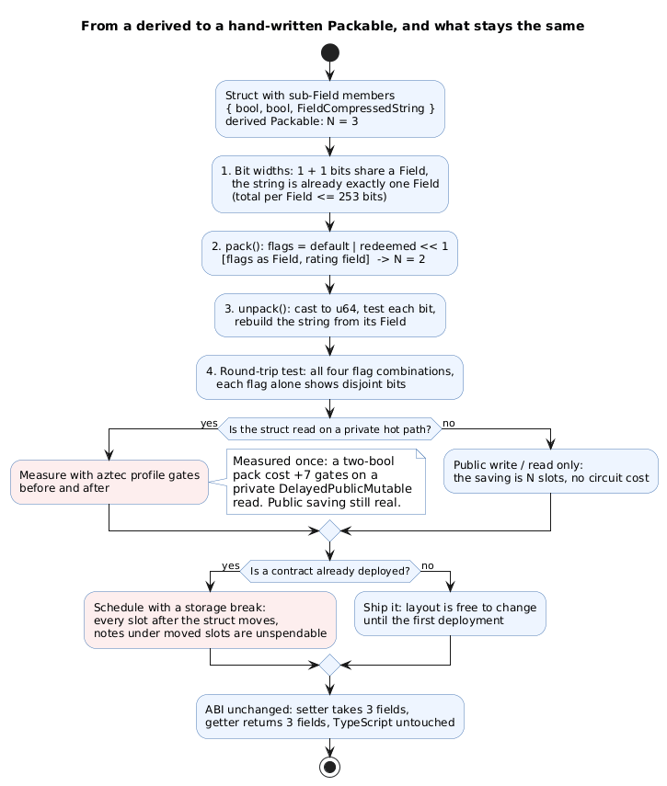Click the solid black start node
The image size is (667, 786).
(330, 52)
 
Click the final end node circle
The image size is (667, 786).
(330, 767)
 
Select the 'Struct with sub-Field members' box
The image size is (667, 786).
(330, 108)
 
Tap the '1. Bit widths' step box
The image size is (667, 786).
(330, 184)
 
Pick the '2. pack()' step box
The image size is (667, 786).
(330, 253)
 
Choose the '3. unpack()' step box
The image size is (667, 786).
(330, 315)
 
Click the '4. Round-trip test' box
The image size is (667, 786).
(330, 378)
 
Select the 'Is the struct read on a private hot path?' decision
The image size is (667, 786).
(330, 429)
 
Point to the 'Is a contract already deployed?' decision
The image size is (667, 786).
(330, 571)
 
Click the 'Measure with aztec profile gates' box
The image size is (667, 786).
(109, 482)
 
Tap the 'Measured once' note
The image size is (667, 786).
(326, 482)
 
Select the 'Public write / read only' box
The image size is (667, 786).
(551, 472)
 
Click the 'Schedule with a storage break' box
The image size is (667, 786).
(210, 621)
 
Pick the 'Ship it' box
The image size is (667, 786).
(451, 613)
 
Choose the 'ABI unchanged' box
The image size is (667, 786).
(330, 716)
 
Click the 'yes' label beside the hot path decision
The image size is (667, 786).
(209, 423)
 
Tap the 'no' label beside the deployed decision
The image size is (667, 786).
(428, 566)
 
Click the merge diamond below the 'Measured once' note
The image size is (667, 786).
(330, 530)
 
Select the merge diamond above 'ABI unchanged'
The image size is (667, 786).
(330, 666)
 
